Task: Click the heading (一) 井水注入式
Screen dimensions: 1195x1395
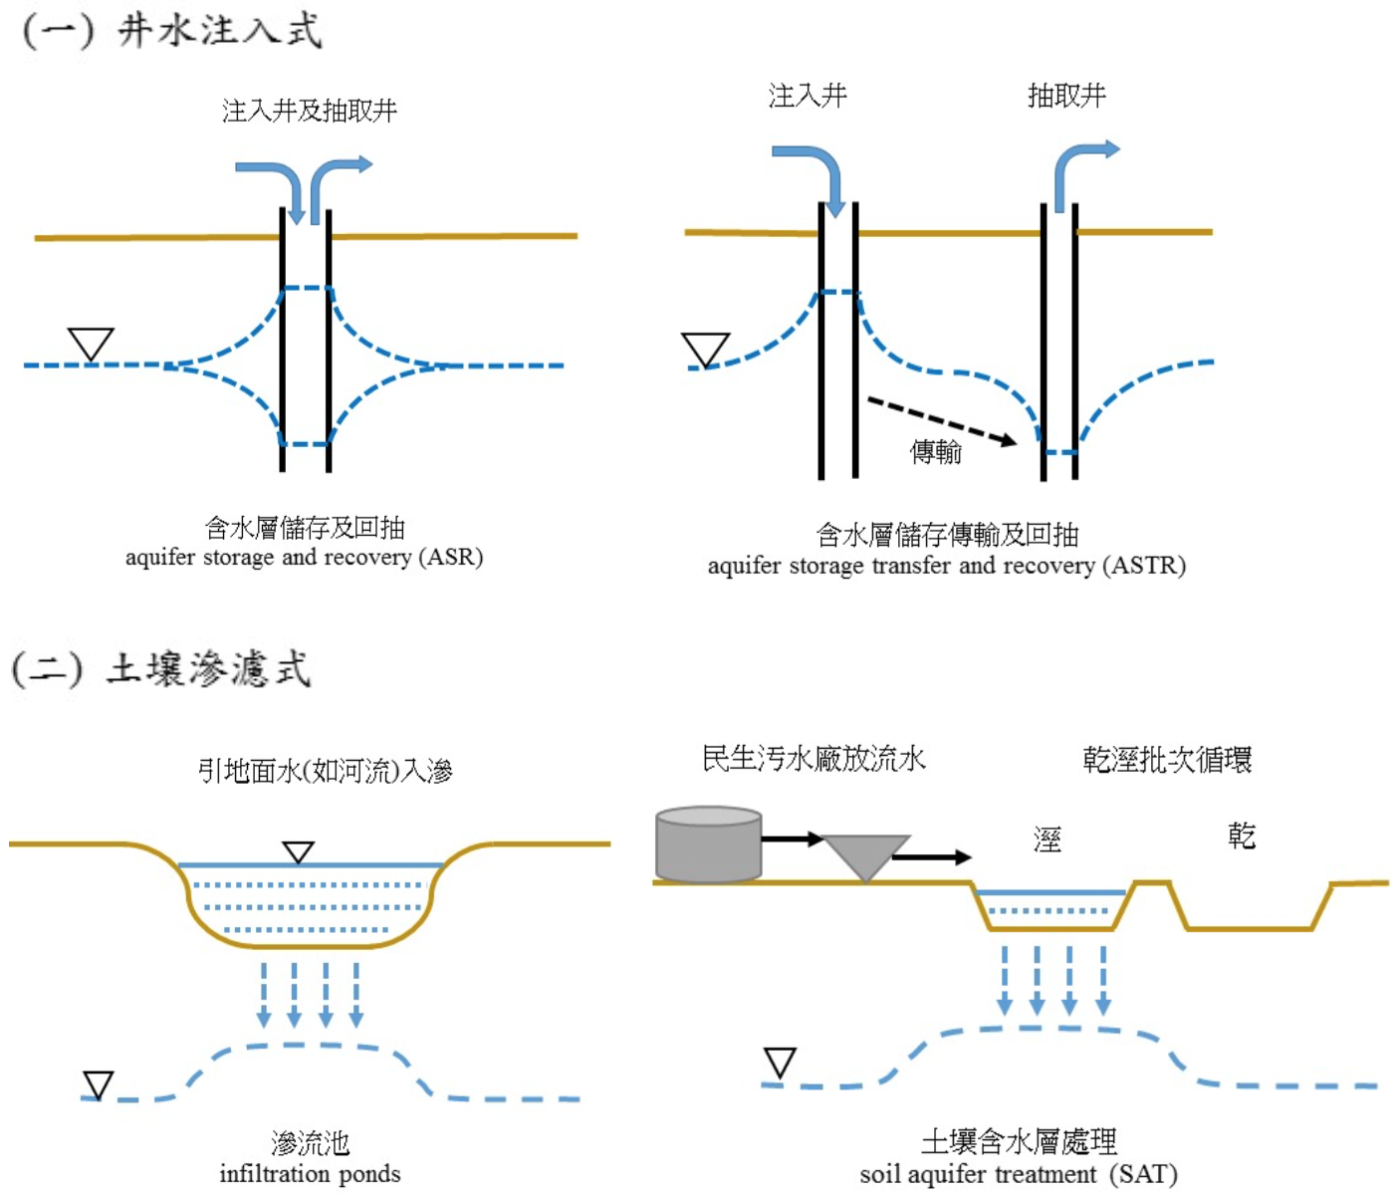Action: [x=172, y=30]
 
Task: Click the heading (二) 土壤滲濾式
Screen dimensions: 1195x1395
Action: [x=161, y=668]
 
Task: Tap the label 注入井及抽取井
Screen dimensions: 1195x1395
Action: [x=310, y=111]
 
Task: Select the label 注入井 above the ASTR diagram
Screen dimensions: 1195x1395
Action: [x=808, y=96]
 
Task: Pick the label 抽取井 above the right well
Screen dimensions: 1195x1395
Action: [x=1066, y=96]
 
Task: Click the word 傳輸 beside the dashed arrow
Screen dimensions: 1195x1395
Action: [x=936, y=452]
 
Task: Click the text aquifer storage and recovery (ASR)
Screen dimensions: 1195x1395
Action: [x=304, y=557]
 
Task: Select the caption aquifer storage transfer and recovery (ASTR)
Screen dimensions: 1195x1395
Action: [x=946, y=566]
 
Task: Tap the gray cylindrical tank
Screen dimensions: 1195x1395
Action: [x=708, y=844]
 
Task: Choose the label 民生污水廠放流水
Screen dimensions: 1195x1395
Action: [x=814, y=759]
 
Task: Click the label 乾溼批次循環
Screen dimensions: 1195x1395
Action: [x=1167, y=760]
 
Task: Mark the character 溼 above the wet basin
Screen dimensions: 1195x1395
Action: [x=1047, y=839]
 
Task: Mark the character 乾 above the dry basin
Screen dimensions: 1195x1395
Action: [x=1242, y=836]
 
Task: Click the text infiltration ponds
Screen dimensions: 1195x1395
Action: [x=310, y=1174]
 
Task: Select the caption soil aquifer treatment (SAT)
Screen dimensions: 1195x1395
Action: [x=1019, y=1174]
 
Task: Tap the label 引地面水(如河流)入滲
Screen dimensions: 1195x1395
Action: [x=325, y=771]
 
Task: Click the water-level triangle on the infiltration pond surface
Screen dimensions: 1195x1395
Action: [x=298, y=852]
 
